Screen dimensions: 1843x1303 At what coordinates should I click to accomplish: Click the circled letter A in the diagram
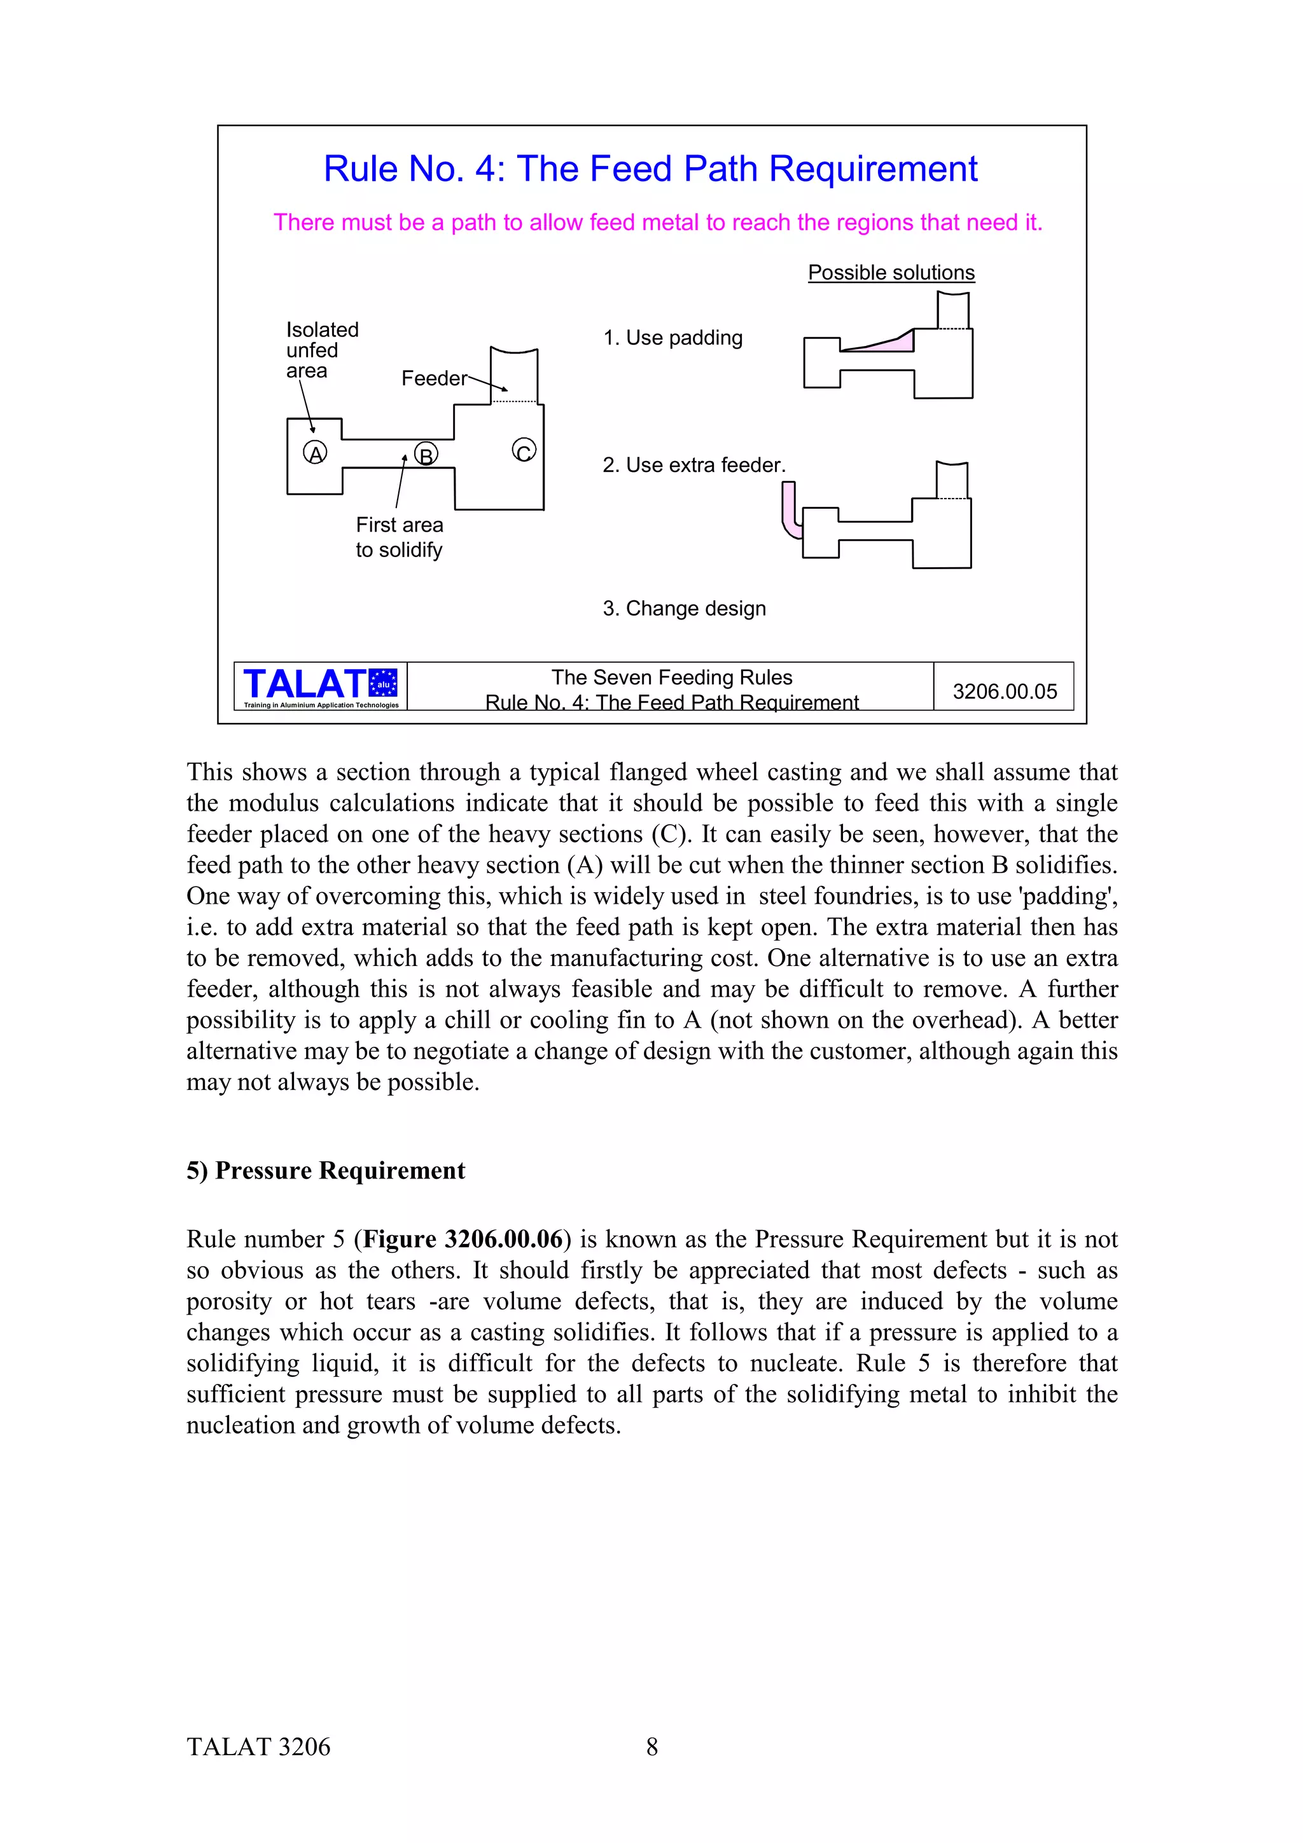click(315, 453)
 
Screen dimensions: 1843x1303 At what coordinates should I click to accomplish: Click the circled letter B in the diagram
click(426, 454)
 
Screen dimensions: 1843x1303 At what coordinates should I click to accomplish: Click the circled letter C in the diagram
click(524, 450)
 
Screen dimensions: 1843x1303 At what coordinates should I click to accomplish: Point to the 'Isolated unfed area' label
click(321, 350)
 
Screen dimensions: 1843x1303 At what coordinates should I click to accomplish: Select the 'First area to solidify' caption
click(399, 537)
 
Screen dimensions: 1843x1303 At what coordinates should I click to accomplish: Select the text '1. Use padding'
click(672, 338)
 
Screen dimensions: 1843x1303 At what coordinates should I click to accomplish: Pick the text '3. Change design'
click(684, 609)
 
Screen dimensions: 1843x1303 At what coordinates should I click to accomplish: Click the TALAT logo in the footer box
click(319, 686)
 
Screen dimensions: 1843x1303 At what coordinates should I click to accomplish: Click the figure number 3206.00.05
click(1005, 691)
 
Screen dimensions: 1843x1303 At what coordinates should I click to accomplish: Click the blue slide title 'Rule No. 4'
click(650, 169)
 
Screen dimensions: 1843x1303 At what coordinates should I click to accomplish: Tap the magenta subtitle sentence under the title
click(657, 223)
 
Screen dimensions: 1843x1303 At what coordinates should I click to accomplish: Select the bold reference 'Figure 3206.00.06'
click(463, 1239)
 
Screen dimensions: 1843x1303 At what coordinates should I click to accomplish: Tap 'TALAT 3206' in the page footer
click(258, 1747)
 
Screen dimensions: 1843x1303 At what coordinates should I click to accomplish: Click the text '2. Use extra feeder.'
click(693, 465)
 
